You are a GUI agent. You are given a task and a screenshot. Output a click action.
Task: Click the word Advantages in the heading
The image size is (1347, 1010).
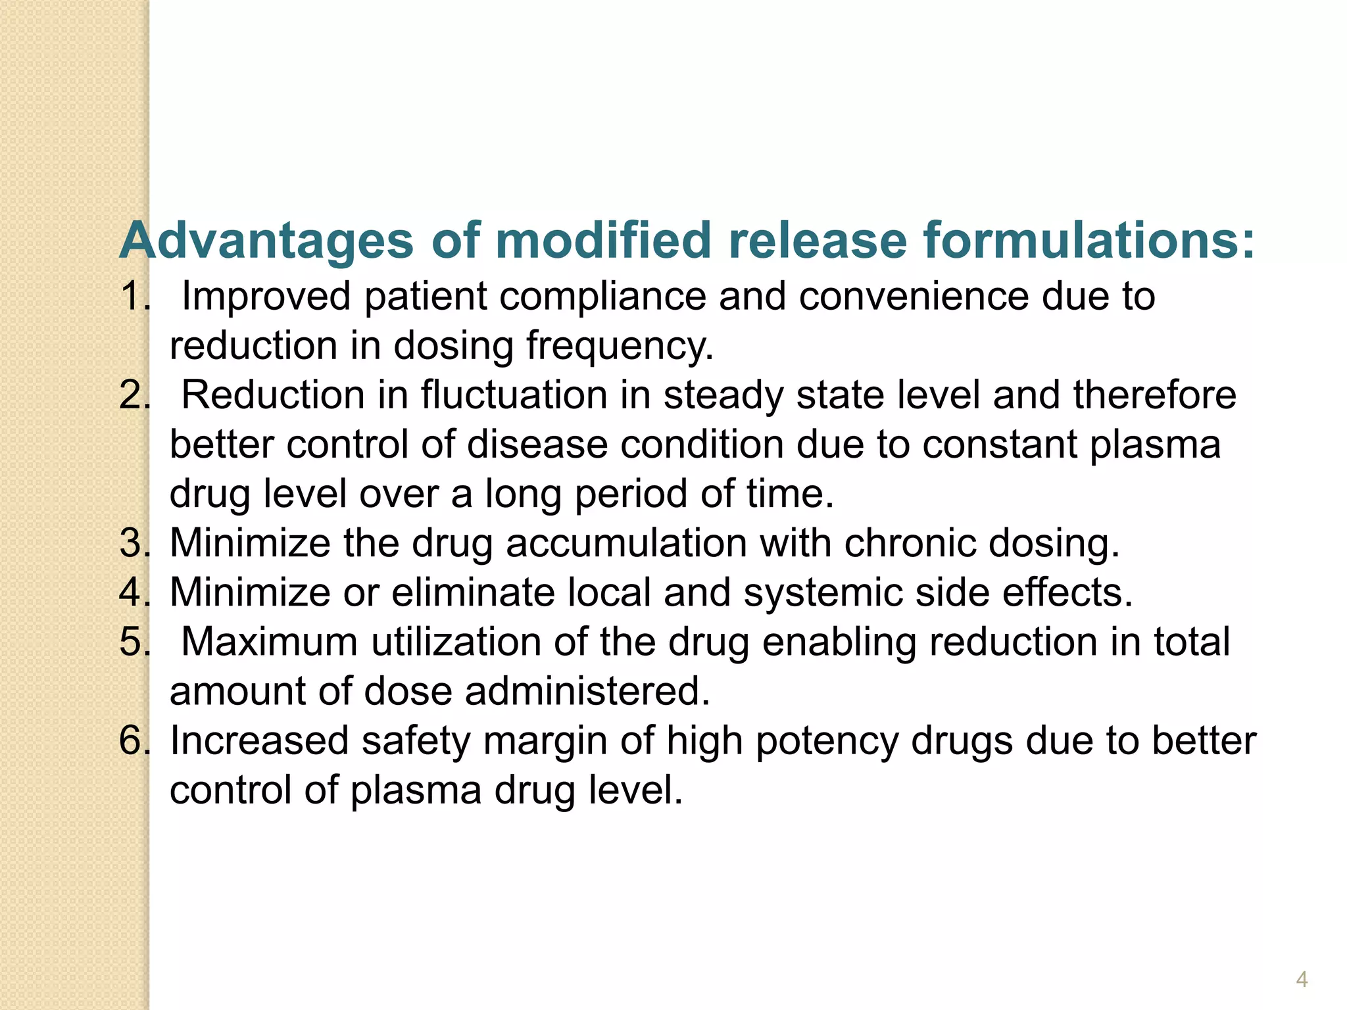(x=266, y=240)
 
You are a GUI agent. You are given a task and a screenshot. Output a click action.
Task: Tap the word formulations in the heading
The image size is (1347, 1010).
(x=1089, y=240)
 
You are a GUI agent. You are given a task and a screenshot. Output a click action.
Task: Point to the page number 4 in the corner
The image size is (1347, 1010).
(x=1302, y=980)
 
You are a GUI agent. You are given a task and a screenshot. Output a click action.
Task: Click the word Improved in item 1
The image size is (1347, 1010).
(x=266, y=297)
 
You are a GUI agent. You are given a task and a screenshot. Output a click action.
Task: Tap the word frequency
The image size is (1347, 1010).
(x=620, y=347)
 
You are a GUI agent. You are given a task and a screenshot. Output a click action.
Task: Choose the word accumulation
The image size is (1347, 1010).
(x=626, y=544)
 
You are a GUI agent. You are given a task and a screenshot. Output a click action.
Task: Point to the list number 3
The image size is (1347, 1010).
(x=134, y=544)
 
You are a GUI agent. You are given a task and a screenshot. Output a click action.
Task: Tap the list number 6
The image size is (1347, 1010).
(x=134, y=741)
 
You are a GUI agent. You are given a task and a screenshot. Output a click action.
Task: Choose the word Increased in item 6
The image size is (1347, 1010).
(x=259, y=741)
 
